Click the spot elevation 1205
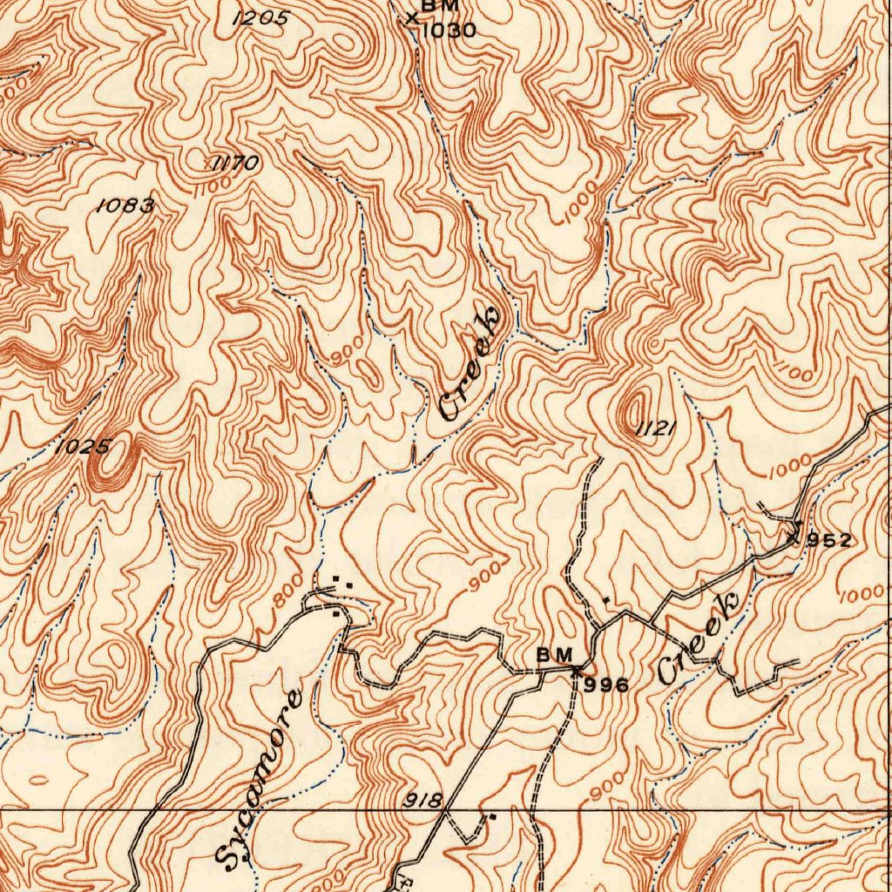[x=260, y=17]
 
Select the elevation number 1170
[x=234, y=163]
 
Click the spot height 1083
[x=125, y=206]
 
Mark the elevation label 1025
[x=83, y=448]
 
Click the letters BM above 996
[x=554, y=654]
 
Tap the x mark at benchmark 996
[x=575, y=670]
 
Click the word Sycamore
[x=259, y=780]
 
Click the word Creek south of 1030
[x=471, y=364]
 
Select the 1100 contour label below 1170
[x=214, y=185]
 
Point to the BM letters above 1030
[x=440, y=6]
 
